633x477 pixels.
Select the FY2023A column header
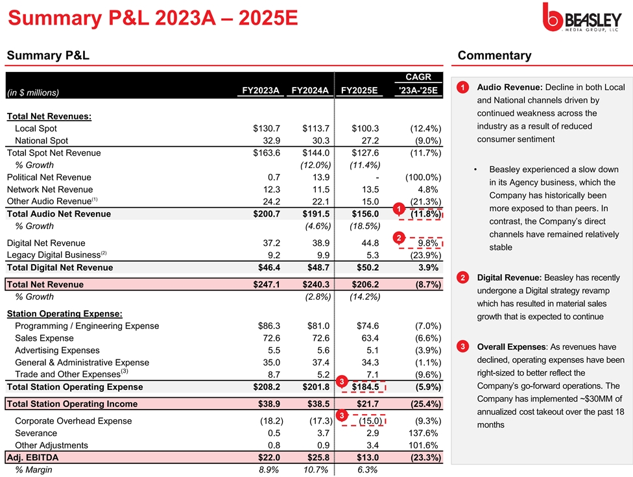tap(260, 90)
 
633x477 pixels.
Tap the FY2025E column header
tap(359, 90)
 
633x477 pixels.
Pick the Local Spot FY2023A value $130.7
tap(266, 128)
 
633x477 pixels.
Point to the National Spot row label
tap(42, 141)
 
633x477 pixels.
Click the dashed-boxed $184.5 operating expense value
tap(364, 387)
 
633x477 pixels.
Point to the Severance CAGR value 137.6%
tap(425, 433)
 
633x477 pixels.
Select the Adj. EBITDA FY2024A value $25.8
tap(316, 458)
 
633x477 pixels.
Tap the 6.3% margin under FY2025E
tap(367, 470)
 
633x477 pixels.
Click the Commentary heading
tap(494, 56)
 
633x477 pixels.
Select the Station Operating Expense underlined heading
tap(64, 314)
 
